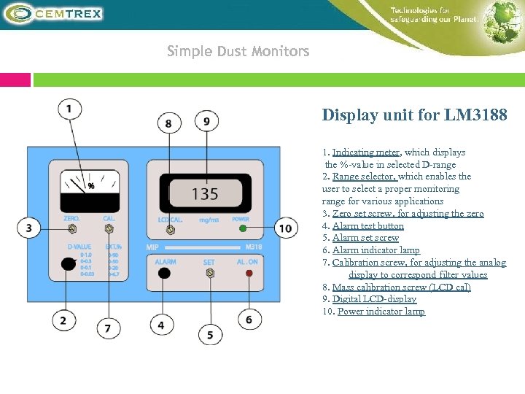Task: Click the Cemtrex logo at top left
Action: click(55, 13)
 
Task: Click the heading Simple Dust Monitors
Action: click(238, 51)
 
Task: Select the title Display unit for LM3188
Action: click(414, 115)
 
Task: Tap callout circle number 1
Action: click(69, 109)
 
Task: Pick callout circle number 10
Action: click(285, 229)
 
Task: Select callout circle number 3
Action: click(29, 229)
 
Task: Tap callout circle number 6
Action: click(249, 319)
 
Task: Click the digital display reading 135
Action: click(205, 194)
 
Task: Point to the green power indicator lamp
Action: click(242, 229)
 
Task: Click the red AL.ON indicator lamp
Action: click(249, 274)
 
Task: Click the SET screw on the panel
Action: click(210, 274)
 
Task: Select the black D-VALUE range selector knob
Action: click(69, 264)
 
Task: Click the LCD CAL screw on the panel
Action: click(170, 230)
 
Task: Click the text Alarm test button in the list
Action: click(367, 226)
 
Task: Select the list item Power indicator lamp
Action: click(381, 312)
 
